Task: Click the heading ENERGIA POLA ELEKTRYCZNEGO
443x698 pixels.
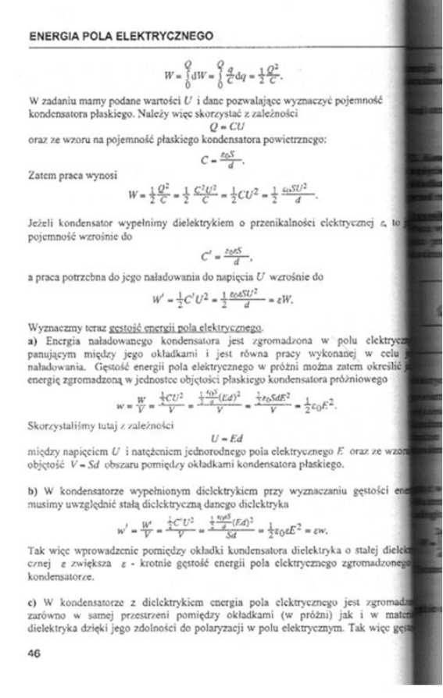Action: tap(120, 36)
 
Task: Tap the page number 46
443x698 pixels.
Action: tap(34, 654)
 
